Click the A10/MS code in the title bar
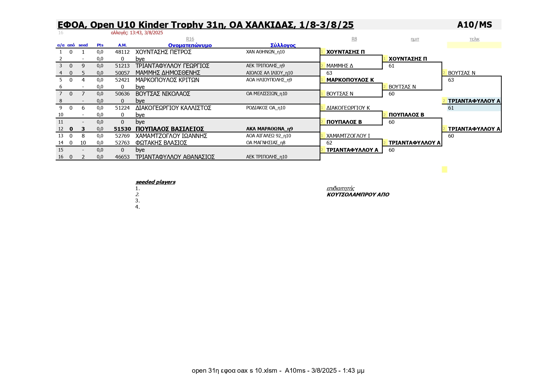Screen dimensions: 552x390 [474, 25]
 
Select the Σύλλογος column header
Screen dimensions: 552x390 [283, 45]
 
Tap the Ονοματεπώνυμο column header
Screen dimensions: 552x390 [190, 45]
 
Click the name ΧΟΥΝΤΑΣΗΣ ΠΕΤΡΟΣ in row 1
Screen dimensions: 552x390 [163, 52]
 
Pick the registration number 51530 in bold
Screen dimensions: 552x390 [122, 129]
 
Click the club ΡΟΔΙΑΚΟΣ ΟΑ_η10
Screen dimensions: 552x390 [265, 108]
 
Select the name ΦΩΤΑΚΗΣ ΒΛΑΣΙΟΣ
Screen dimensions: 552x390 [161, 143]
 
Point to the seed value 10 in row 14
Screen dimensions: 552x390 [83, 143]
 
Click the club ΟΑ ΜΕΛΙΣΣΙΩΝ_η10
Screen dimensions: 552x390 [266, 94]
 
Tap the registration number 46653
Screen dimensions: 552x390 [122, 157]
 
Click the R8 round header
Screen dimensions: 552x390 [354, 39]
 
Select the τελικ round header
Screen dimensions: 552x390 [474, 39]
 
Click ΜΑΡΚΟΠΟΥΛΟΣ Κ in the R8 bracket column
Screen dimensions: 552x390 [350, 80]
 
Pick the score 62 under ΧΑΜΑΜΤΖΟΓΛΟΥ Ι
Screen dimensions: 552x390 [329, 143]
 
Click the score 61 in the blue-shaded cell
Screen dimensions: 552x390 [451, 108]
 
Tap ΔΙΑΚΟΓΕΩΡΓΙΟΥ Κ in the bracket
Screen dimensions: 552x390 [348, 108]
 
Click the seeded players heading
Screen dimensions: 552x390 [155, 182]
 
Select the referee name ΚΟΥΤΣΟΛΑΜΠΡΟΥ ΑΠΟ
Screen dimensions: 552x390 [358, 195]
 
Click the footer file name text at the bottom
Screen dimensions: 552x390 [278, 371]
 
